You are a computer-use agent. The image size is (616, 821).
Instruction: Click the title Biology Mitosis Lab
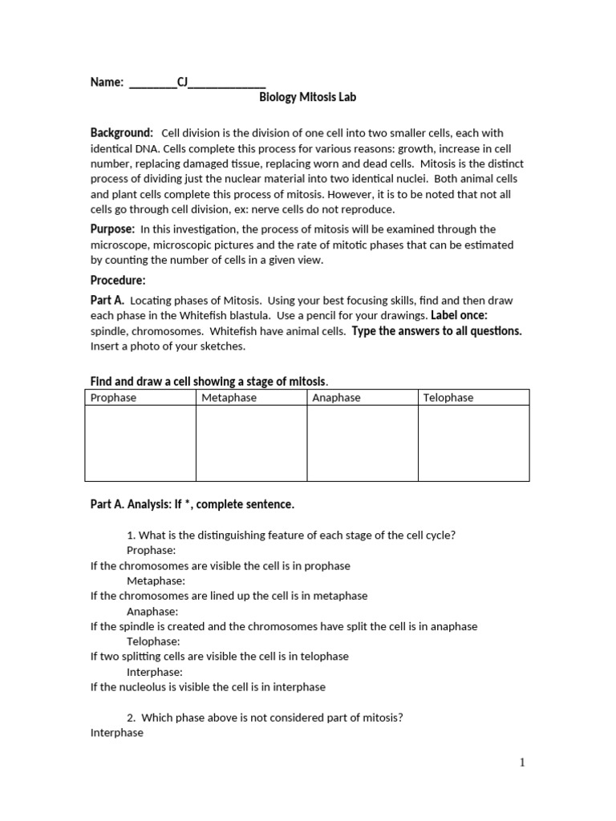(307, 97)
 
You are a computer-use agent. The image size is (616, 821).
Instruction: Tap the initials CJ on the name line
(181, 82)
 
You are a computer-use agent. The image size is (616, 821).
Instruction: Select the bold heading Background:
(121, 132)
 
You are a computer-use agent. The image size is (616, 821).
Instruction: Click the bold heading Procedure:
(118, 280)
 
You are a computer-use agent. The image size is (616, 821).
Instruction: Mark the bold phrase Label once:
(459, 315)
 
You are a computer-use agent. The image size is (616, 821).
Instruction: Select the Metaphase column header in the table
(229, 398)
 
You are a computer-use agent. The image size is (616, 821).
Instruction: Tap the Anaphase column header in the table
(336, 398)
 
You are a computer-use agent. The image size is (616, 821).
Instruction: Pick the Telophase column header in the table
(448, 398)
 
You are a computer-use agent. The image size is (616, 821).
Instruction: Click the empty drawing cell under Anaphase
(363, 443)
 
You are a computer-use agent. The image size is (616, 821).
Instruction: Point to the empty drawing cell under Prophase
(140, 443)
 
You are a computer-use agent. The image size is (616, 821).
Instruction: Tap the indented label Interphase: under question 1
(155, 672)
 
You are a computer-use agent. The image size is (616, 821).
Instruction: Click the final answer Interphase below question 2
(117, 733)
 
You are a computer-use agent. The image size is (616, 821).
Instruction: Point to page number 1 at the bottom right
(522, 762)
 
